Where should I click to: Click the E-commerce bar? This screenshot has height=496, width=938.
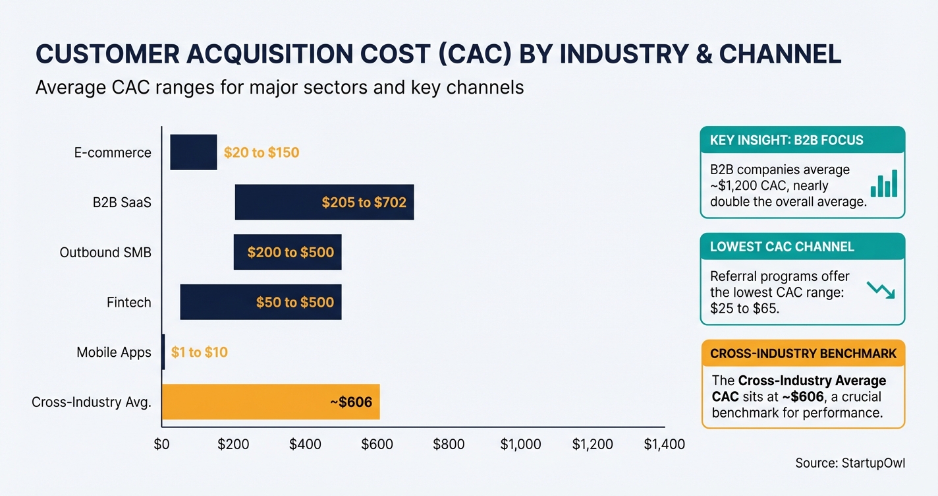pos(193,152)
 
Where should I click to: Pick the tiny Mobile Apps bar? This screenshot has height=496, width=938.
pos(163,352)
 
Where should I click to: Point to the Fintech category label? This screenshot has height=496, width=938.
pos(129,303)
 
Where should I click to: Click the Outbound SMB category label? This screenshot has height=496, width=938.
pos(105,253)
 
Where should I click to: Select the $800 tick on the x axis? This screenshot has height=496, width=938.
pos(449,444)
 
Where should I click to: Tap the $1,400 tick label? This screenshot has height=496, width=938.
pos(664,444)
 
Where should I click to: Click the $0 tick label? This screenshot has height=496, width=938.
pos(162,444)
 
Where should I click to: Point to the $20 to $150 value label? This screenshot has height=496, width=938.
pos(262,153)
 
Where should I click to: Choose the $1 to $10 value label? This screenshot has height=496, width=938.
pos(199,352)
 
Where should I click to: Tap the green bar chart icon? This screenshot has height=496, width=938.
pos(884,184)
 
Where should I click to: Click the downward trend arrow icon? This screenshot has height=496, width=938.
pos(880,290)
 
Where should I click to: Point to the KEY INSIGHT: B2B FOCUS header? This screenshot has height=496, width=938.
pos(786,140)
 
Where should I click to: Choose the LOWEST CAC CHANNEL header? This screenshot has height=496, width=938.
pos(782,247)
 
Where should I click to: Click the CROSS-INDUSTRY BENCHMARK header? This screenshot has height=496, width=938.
pos(803,354)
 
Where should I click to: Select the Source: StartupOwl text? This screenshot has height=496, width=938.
pos(850,463)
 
